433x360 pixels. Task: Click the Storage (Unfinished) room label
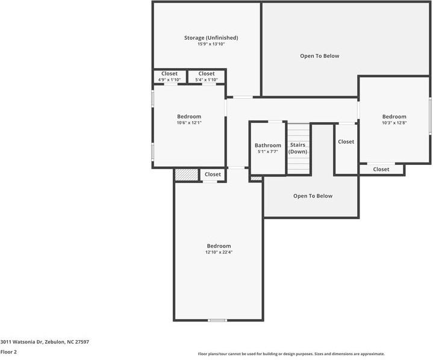point(211,38)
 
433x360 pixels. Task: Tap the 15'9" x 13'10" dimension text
point(211,45)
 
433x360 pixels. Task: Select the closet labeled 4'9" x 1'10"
point(169,76)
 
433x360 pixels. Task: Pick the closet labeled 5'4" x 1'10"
point(207,76)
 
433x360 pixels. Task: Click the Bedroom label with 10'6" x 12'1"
point(188,116)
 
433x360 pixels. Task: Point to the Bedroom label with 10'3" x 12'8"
point(394,116)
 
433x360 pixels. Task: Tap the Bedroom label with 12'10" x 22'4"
point(219,246)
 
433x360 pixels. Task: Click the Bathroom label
point(267,145)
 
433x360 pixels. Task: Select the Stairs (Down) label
point(298,148)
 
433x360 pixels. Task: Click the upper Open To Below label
point(319,56)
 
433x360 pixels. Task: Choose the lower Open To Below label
point(313,196)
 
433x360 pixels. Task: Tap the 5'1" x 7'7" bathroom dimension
point(267,152)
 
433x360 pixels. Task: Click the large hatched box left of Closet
point(187,175)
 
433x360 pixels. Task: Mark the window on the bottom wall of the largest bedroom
point(217,320)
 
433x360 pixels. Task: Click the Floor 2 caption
point(8,352)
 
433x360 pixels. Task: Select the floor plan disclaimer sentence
point(291,354)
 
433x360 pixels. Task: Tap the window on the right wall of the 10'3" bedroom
point(430,115)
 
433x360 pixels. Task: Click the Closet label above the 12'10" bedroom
point(213,175)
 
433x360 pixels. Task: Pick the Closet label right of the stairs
point(346,142)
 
